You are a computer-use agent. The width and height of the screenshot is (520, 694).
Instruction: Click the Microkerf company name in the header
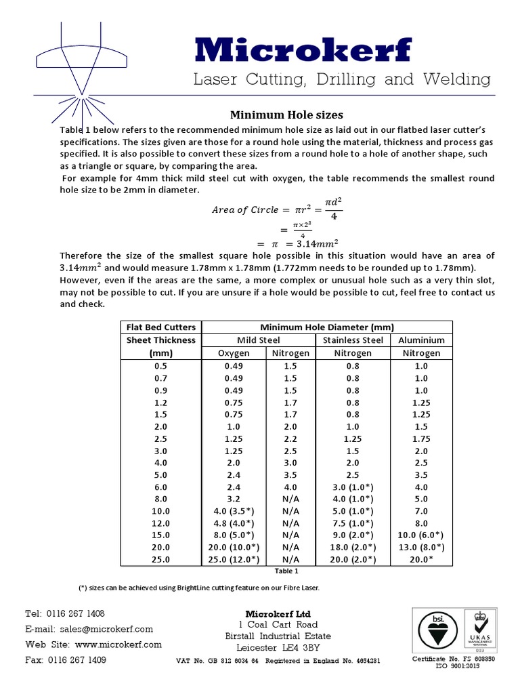click(303, 49)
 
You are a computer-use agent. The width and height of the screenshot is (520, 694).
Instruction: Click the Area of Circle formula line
click(277, 209)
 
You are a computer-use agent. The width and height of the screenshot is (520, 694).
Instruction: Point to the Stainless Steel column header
click(353, 340)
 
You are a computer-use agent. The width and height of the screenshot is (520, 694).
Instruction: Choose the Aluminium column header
click(421, 340)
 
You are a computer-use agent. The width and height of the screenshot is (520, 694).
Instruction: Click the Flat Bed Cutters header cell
click(161, 327)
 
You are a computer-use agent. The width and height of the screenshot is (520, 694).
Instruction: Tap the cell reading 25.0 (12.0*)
click(233, 560)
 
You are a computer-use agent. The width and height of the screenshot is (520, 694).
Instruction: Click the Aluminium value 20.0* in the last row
click(421, 560)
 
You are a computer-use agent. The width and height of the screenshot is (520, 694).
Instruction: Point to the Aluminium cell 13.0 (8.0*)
click(421, 547)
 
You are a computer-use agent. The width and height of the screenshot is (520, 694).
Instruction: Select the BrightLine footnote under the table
click(199, 587)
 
